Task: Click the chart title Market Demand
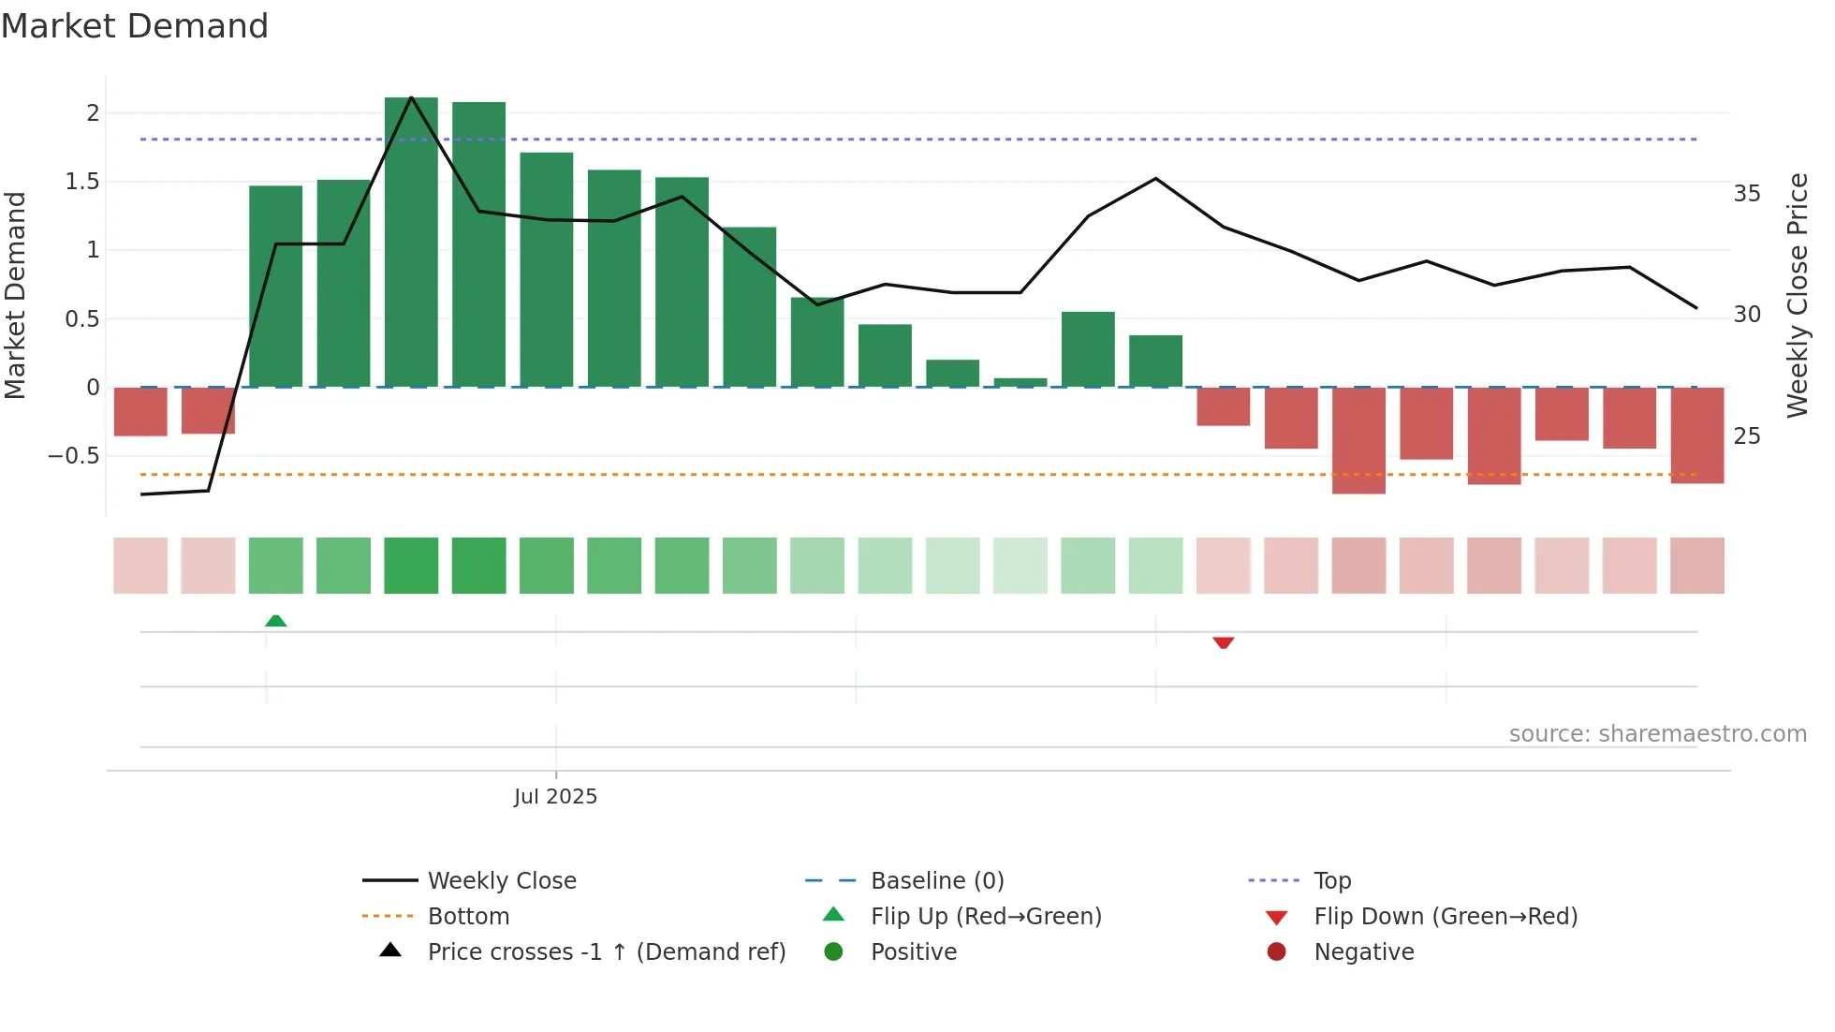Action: [x=135, y=26]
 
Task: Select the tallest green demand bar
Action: [x=411, y=243]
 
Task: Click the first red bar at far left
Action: [x=140, y=412]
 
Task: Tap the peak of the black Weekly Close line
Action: [x=411, y=97]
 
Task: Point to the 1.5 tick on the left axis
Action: [x=82, y=182]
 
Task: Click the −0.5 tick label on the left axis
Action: [x=74, y=456]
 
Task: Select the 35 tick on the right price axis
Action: [x=1747, y=194]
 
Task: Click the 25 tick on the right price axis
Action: [x=1747, y=436]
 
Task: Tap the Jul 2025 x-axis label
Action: [x=555, y=797]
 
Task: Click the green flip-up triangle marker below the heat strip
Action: [x=275, y=621]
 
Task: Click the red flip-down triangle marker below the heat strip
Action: [x=1223, y=642]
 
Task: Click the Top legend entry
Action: [x=1332, y=881]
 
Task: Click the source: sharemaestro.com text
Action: [x=1657, y=734]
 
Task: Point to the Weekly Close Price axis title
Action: [x=1798, y=295]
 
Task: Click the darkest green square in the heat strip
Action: [x=411, y=566]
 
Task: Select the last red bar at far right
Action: [x=1696, y=435]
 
